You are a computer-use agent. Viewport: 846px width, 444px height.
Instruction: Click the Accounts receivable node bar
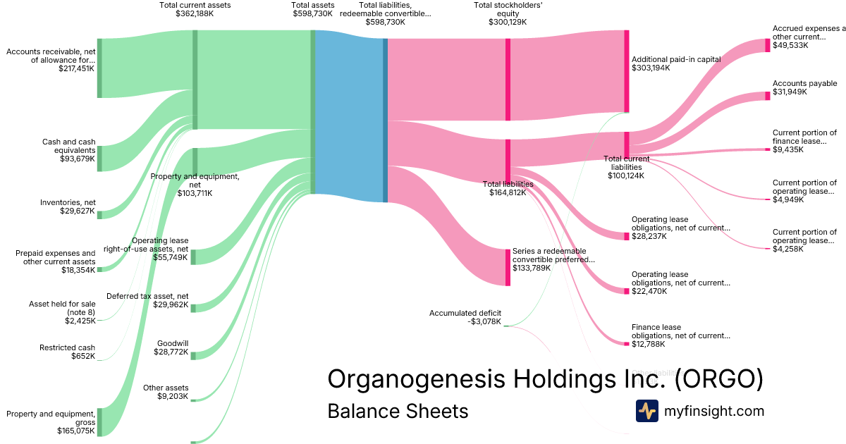click(x=99, y=68)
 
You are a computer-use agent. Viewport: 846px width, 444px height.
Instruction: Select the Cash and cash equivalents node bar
click(x=99, y=159)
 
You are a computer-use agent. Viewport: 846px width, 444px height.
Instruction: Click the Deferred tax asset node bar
click(x=193, y=307)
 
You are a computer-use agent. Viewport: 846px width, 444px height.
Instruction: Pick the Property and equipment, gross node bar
click(x=99, y=421)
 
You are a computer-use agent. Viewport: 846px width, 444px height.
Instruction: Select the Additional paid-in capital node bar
click(x=626, y=71)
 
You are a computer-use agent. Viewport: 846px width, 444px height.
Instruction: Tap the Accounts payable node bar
click(x=768, y=96)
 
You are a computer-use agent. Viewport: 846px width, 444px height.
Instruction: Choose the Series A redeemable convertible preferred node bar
click(x=508, y=267)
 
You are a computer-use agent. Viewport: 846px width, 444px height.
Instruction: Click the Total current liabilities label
click(x=627, y=164)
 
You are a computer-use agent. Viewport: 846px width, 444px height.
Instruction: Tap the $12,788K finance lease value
click(x=649, y=345)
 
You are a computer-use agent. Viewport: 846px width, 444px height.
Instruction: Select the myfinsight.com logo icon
click(x=646, y=411)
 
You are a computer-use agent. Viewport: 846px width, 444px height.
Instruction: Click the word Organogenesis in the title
click(x=415, y=379)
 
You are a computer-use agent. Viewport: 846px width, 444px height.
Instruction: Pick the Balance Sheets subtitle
click(x=397, y=411)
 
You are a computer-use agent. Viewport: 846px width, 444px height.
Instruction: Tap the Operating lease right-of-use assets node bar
click(x=193, y=257)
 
